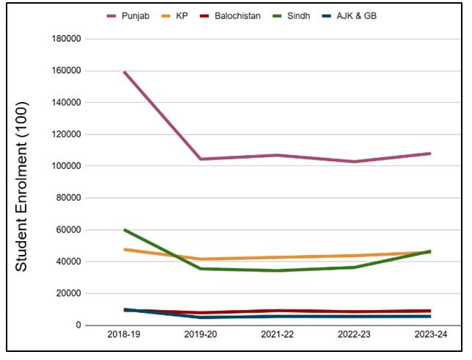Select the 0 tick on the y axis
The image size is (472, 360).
point(76,325)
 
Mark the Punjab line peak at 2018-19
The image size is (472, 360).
point(125,72)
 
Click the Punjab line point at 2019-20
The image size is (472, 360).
point(200,159)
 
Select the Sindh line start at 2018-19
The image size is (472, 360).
point(125,229)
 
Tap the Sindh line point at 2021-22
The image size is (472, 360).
point(277,270)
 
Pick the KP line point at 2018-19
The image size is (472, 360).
point(125,250)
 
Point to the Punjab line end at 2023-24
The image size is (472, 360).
point(430,154)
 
